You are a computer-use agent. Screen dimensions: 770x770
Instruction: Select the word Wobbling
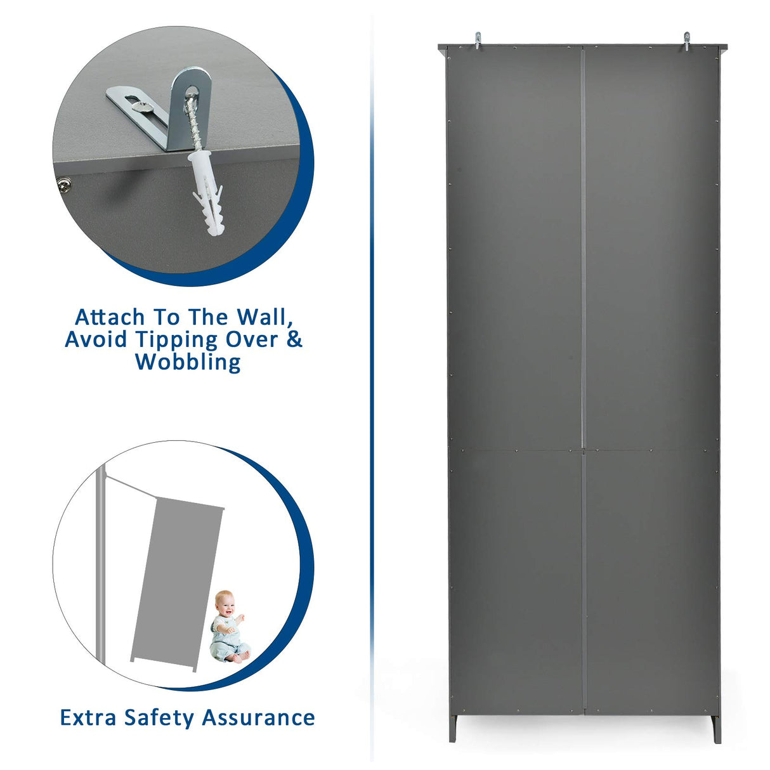pos(188,362)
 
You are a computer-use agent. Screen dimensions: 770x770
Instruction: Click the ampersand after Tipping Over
pos(294,339)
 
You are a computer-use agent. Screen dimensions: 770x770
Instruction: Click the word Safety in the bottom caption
pos(159,717)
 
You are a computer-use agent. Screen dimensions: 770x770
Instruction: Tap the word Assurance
pos(258,717)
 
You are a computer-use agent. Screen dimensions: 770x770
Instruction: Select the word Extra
pos(88,717)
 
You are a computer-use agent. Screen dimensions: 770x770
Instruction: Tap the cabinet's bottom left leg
pos(453,729)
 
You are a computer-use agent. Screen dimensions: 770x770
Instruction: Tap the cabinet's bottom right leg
pos(716,729)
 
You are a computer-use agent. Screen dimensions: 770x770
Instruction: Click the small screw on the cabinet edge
pos(63,185)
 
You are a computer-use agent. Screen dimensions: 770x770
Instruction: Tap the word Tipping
pos(167,339)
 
